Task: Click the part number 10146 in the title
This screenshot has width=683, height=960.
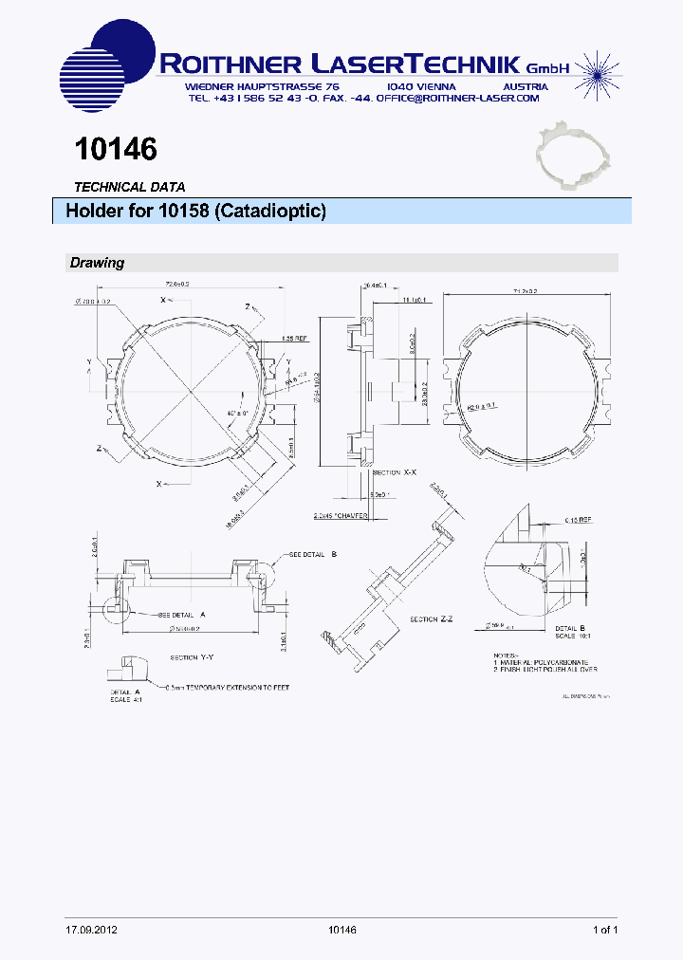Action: (115, 149)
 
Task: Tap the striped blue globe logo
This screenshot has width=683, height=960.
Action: (107, 66)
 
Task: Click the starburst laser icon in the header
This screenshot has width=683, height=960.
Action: (598, 67)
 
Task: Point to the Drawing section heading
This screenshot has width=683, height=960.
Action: (97, 263)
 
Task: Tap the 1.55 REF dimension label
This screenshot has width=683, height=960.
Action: (294, 339)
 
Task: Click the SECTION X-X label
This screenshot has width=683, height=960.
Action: (394, 471)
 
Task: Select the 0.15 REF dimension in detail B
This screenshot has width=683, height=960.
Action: (579, 520)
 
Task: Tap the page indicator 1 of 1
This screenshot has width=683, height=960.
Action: (605, 930)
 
